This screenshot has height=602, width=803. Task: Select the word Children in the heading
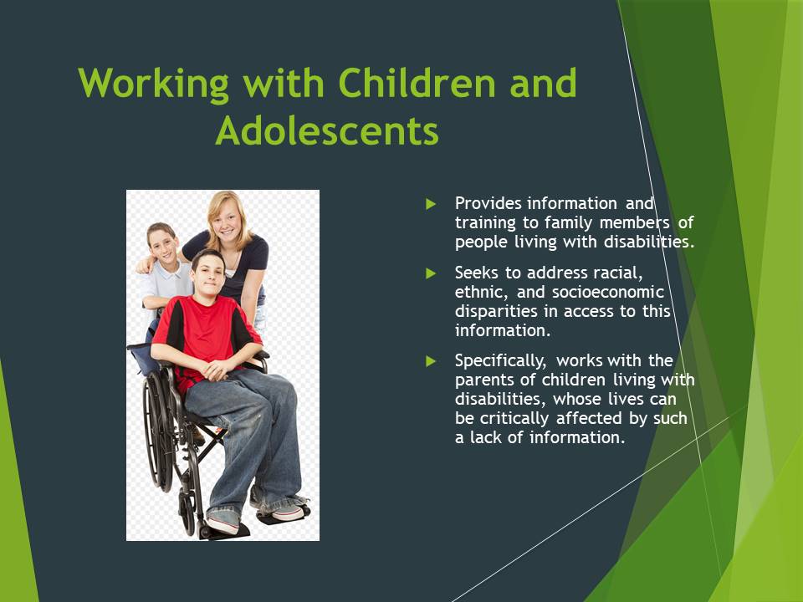[417, 83]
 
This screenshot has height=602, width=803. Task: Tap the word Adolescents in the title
[327, 130]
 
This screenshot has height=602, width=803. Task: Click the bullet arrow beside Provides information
[431, 204]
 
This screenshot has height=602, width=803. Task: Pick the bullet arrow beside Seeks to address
[431, 273]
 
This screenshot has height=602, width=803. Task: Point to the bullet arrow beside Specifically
[431, 361]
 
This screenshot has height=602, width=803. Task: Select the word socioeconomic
[608, 292]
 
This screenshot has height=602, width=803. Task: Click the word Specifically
[501, 361]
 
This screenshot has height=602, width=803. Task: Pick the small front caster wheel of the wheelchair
[187, 512]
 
